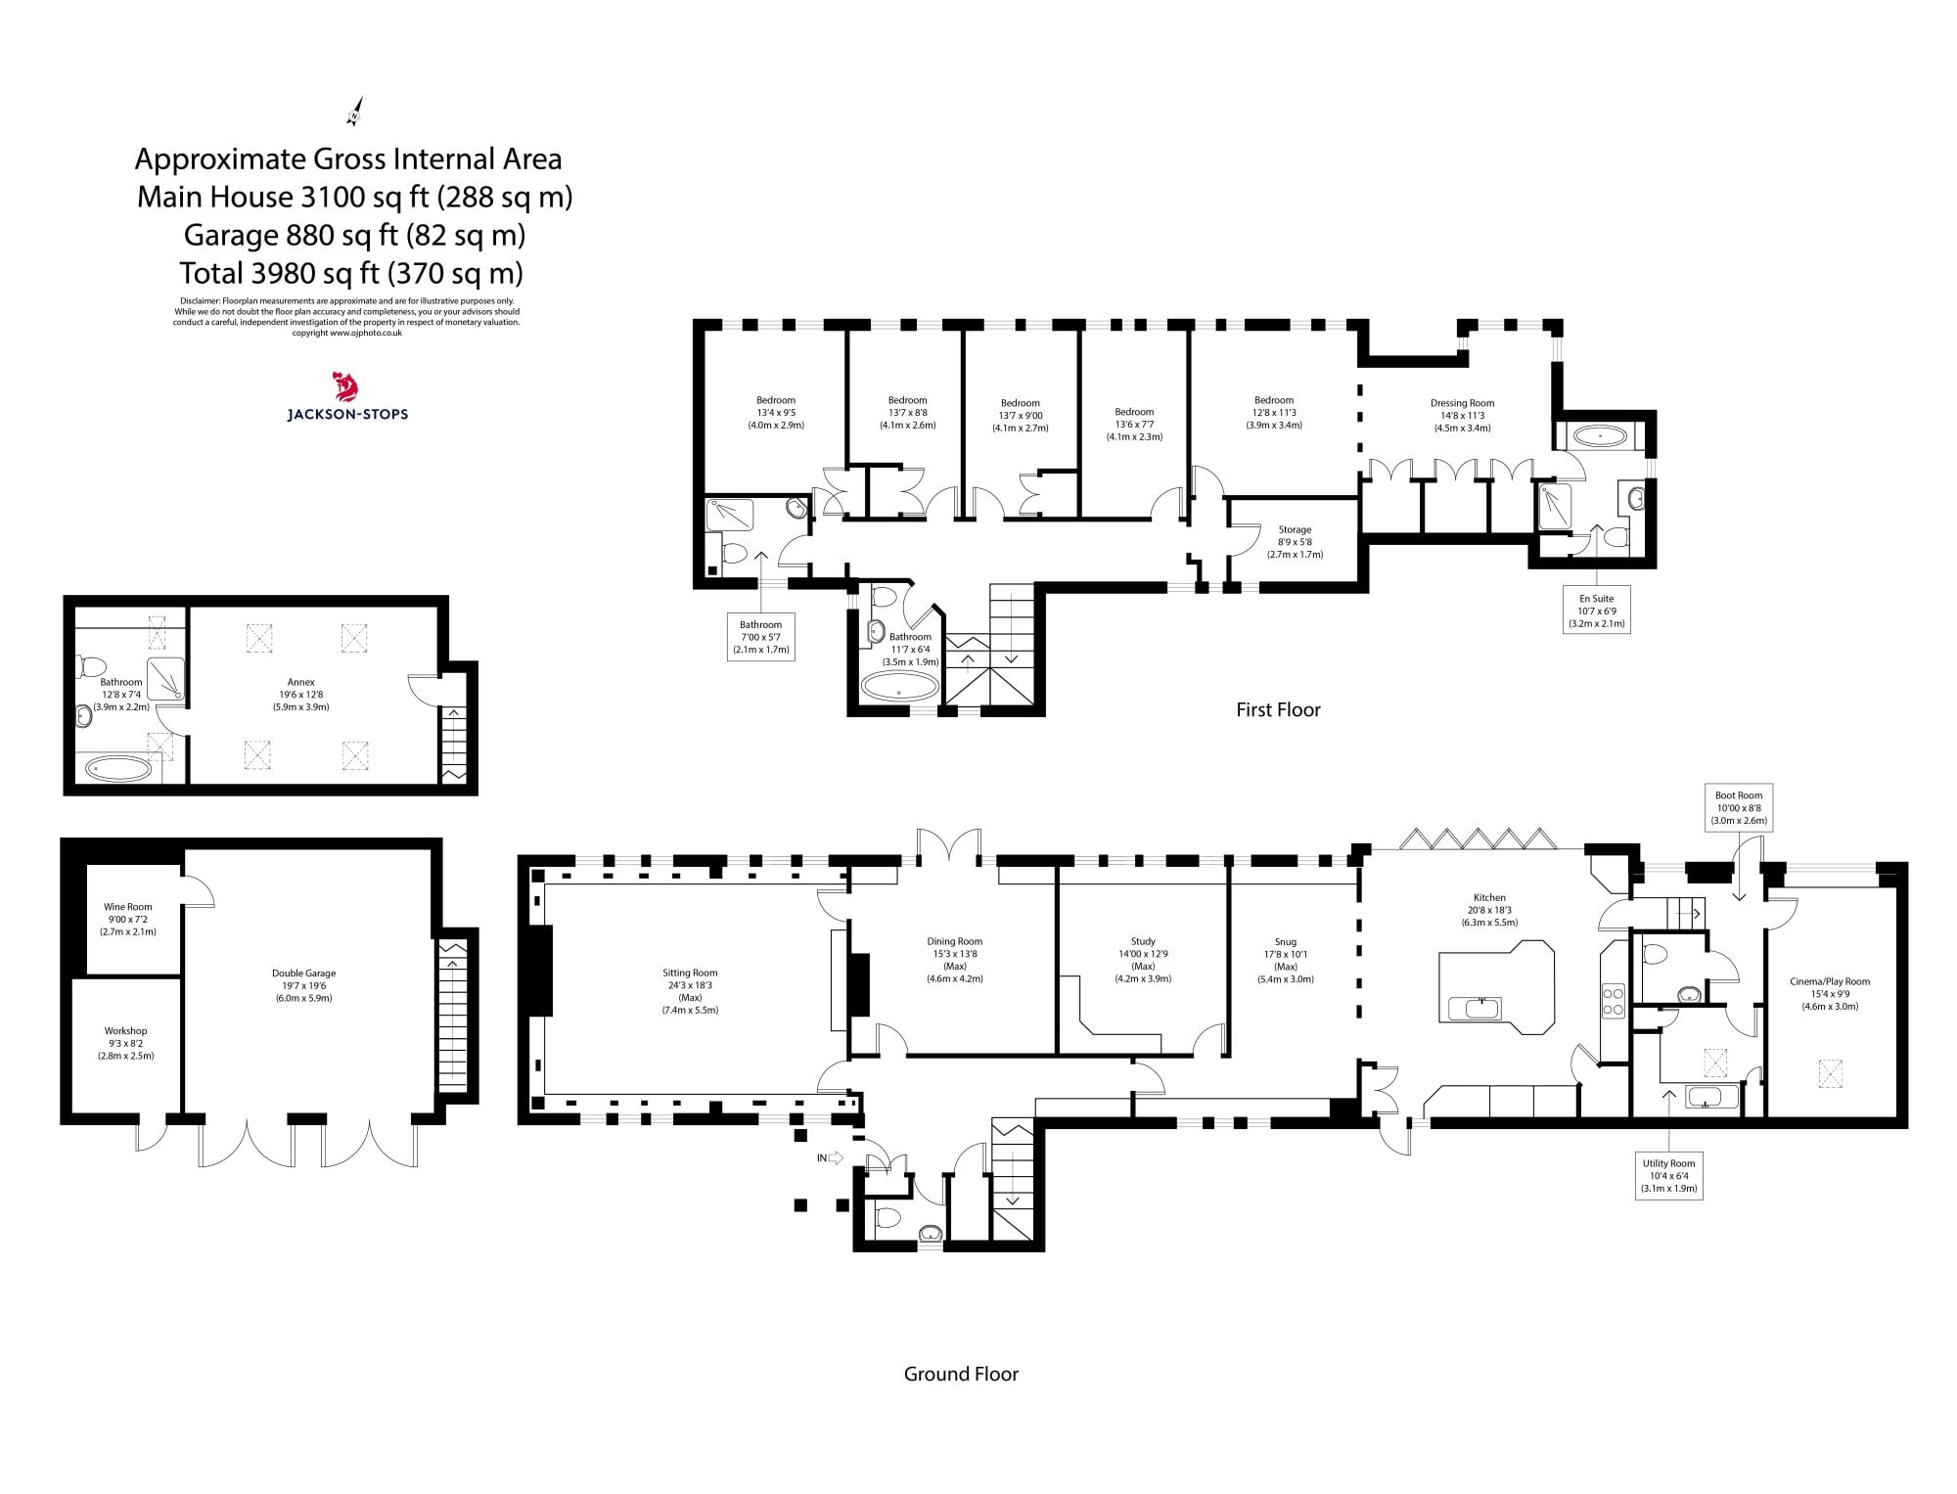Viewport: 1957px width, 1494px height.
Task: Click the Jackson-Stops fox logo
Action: [346, 387]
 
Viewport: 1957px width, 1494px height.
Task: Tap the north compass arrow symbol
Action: [355, 112]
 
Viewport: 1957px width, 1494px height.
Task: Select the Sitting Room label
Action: [690, 990]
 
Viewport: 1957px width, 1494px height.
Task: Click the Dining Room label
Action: [955, 959]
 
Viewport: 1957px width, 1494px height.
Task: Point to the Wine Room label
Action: [128, 919]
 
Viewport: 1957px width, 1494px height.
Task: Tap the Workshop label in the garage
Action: [125, 1043]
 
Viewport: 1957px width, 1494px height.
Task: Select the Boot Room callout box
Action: [1738, 808]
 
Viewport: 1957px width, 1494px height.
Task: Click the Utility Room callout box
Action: [1668, 1176]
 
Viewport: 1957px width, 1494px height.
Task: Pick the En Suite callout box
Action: [1596, 611]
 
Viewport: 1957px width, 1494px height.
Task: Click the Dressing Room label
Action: [1462, 415]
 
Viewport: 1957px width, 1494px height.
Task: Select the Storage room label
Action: [1295, 541]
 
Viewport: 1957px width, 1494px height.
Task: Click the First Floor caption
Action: [1278, 710]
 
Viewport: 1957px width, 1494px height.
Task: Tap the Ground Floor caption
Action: [961, 1375]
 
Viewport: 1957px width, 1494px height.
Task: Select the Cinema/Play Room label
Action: [1829, 993]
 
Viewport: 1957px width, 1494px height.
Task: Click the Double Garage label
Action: [303, 985]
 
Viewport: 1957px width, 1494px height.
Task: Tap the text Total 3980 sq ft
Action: [350, 273]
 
